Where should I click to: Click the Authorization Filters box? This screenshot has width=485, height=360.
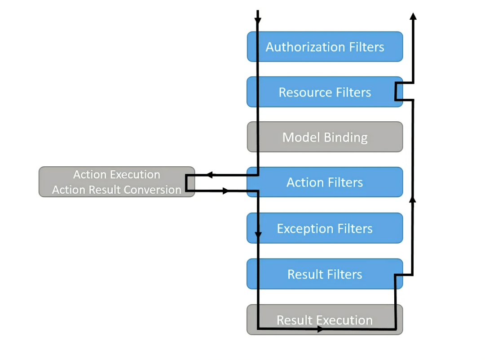point(325,47)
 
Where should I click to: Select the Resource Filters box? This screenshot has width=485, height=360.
point(325,92)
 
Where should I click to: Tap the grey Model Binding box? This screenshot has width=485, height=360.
point(325,137)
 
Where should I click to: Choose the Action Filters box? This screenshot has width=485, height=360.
point(325,182)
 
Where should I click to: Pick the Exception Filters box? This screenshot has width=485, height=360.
point(325,228)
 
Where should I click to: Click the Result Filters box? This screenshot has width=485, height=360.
point(325,274)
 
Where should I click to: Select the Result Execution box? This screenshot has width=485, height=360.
point(325,320)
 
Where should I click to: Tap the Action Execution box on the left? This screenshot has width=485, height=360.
point(117,182)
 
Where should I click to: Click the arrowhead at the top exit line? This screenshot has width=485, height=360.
point(413,16)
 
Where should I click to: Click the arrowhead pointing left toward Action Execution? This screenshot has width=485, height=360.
point(209,175)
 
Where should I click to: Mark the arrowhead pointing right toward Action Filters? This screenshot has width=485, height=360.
point(226,191)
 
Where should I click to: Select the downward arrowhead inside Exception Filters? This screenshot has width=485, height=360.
point(258,235)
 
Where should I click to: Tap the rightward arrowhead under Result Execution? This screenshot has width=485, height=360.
point(320,329)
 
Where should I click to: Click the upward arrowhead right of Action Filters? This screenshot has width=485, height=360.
point(413,199)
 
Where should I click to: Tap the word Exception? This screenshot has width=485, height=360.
point(301,228)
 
